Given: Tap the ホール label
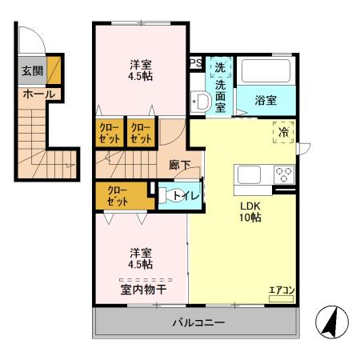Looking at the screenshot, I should coord(38,94).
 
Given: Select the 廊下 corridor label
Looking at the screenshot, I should coord(179,165).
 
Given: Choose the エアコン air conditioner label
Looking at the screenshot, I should coord(280,290).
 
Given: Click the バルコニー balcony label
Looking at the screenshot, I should coord(196,323).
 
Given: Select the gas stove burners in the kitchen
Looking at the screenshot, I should coord(283,174).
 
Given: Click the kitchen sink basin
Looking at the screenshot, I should coord(246,174).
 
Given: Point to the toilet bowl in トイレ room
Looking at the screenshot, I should coord(165,195).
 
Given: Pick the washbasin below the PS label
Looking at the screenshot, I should coord(199,102).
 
